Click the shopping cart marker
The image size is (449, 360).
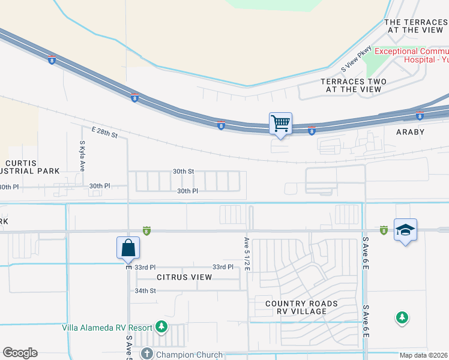(281, 124)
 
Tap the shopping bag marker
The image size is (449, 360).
(128, 248)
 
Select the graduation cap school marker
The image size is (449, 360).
(406, 230)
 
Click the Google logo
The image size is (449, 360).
(20, 353)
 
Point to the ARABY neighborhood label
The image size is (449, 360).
(409, 132)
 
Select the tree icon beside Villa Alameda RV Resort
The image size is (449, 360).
(161, 327)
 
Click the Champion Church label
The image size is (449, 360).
(189, 355)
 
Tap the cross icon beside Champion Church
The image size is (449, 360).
(146, 353)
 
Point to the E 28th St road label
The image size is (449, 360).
(104, 132)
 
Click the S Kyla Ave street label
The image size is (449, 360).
(82, 157)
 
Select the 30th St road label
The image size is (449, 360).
(183, 171)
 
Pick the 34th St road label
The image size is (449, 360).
(145, 290)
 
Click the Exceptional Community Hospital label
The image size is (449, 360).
(411, 55)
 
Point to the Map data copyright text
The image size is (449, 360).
(424, 355)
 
